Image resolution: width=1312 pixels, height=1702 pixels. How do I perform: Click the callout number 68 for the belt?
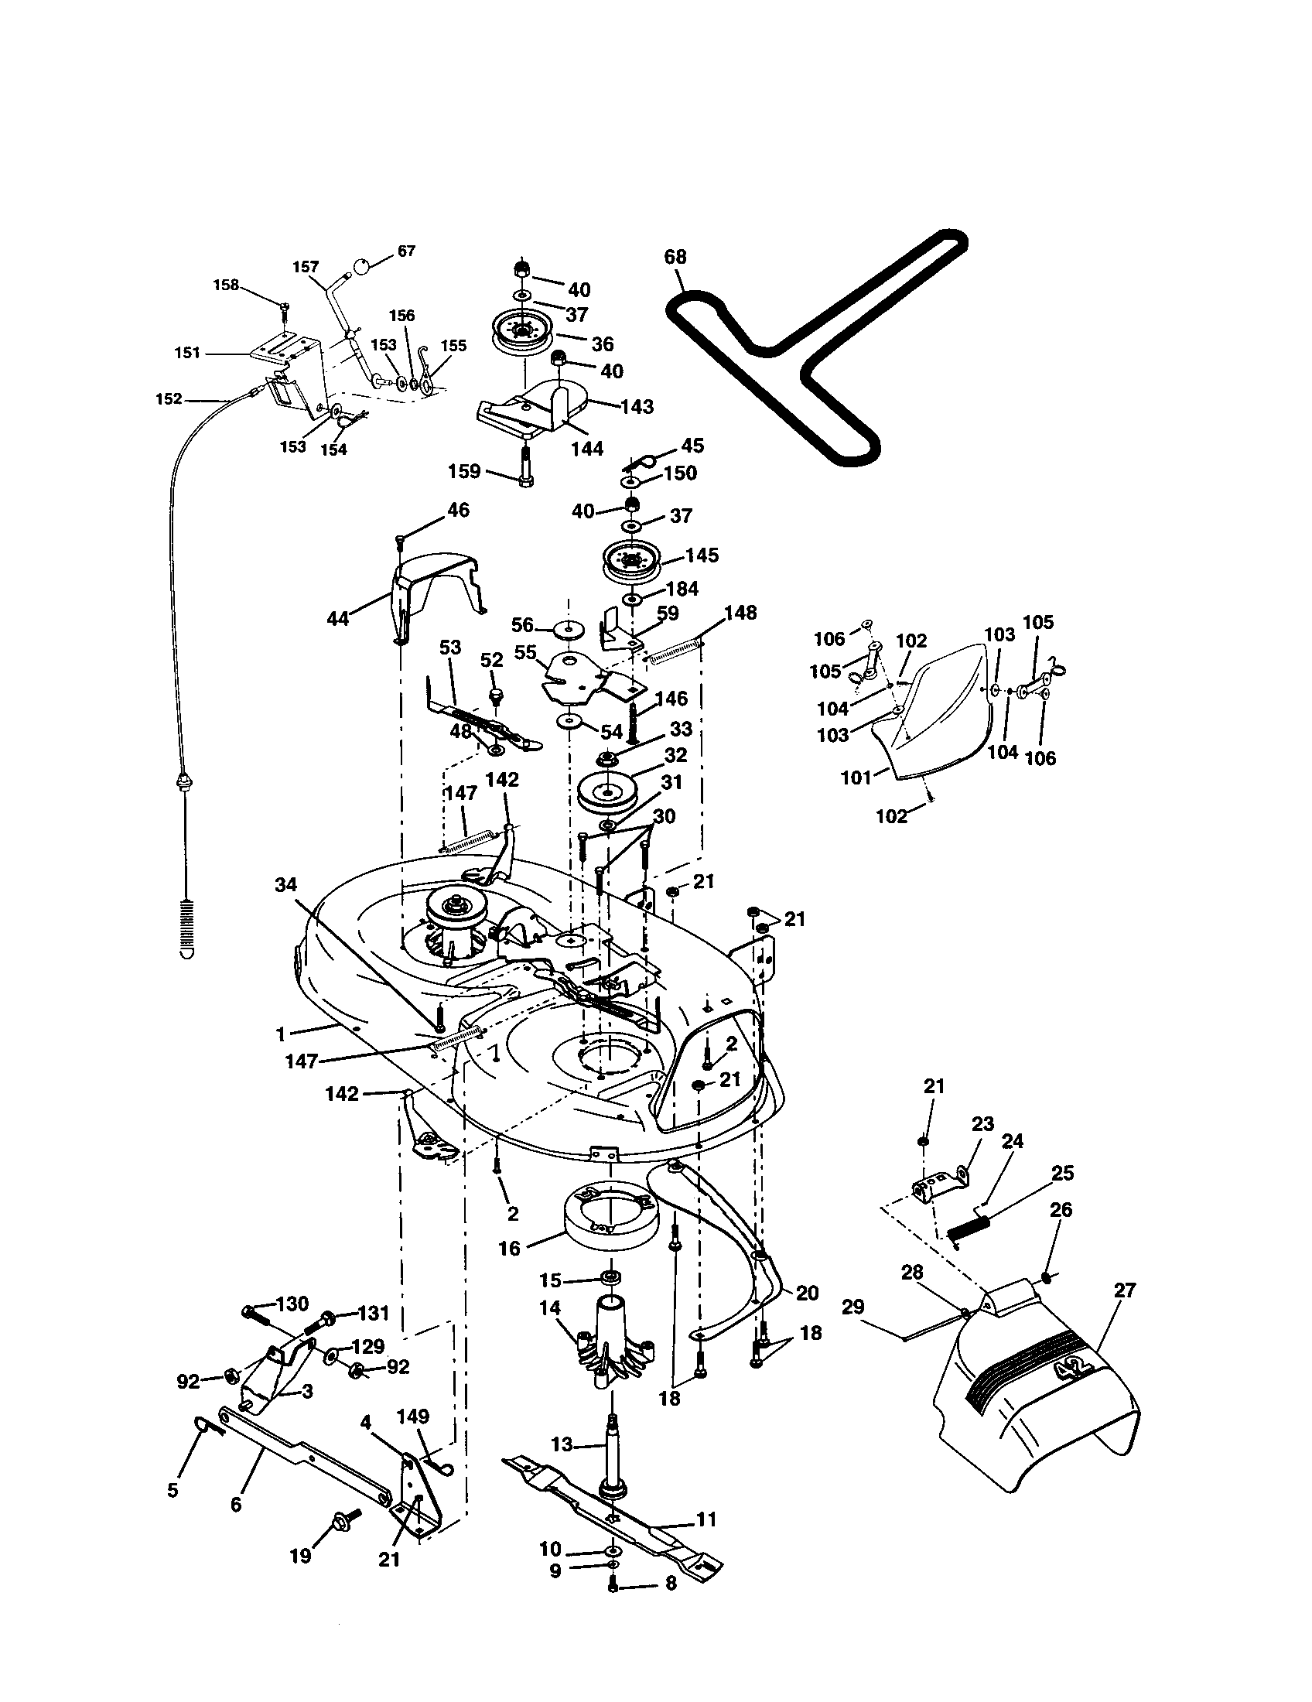[675, 257]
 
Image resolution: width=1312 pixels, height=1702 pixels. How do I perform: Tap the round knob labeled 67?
[361, 265]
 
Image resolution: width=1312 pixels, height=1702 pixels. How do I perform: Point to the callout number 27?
[1124, 1290]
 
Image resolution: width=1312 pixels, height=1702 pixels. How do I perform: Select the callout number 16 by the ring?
[509, 1249]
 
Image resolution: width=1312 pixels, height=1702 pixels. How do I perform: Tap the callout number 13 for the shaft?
[562, 1444]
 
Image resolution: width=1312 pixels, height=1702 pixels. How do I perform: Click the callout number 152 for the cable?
[169, 399]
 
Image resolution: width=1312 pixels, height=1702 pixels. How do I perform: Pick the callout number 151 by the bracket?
[187, 352]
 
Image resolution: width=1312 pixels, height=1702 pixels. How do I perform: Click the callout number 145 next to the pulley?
[701, 555]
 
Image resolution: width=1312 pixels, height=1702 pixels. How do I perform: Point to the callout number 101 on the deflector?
[856, 777]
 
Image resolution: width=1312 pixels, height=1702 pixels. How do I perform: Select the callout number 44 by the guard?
[338, 619]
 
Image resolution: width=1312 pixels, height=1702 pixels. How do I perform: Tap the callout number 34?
[286, 884]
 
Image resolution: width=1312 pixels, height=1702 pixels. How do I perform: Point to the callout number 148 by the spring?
[740, 613]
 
